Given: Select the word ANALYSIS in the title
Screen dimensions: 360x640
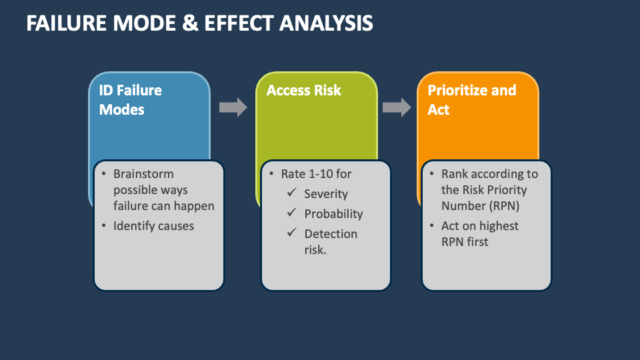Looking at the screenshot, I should tap(326, 23).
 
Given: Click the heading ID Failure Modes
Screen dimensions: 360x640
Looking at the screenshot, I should tap(131, 100).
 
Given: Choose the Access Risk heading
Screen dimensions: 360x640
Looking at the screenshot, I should tap(303, 91).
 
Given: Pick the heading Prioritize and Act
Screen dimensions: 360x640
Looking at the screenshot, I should tap(471, 100).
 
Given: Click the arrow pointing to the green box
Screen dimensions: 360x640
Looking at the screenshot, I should tap(233, 107).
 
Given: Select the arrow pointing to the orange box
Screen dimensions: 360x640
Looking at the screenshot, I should tap(397, 107).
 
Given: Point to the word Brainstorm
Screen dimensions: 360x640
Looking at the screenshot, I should tap(143, 174).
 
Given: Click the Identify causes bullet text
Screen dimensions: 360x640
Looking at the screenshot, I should tap(153, 226).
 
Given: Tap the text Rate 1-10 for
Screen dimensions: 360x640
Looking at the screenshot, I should tap(316, 174).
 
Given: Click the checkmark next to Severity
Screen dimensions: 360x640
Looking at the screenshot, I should tap(291, 194).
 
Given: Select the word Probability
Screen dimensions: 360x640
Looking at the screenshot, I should tap(333, 214).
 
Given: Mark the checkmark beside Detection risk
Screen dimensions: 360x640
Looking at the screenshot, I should tap(291, 233).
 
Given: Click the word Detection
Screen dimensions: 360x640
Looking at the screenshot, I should tap(331, 234).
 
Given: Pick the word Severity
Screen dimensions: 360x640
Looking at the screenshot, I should tap(326, 194).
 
